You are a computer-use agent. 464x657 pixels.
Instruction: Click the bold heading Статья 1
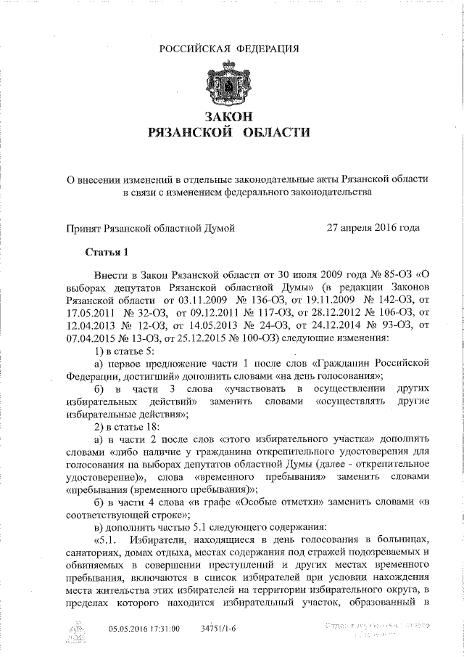point(106,253)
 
